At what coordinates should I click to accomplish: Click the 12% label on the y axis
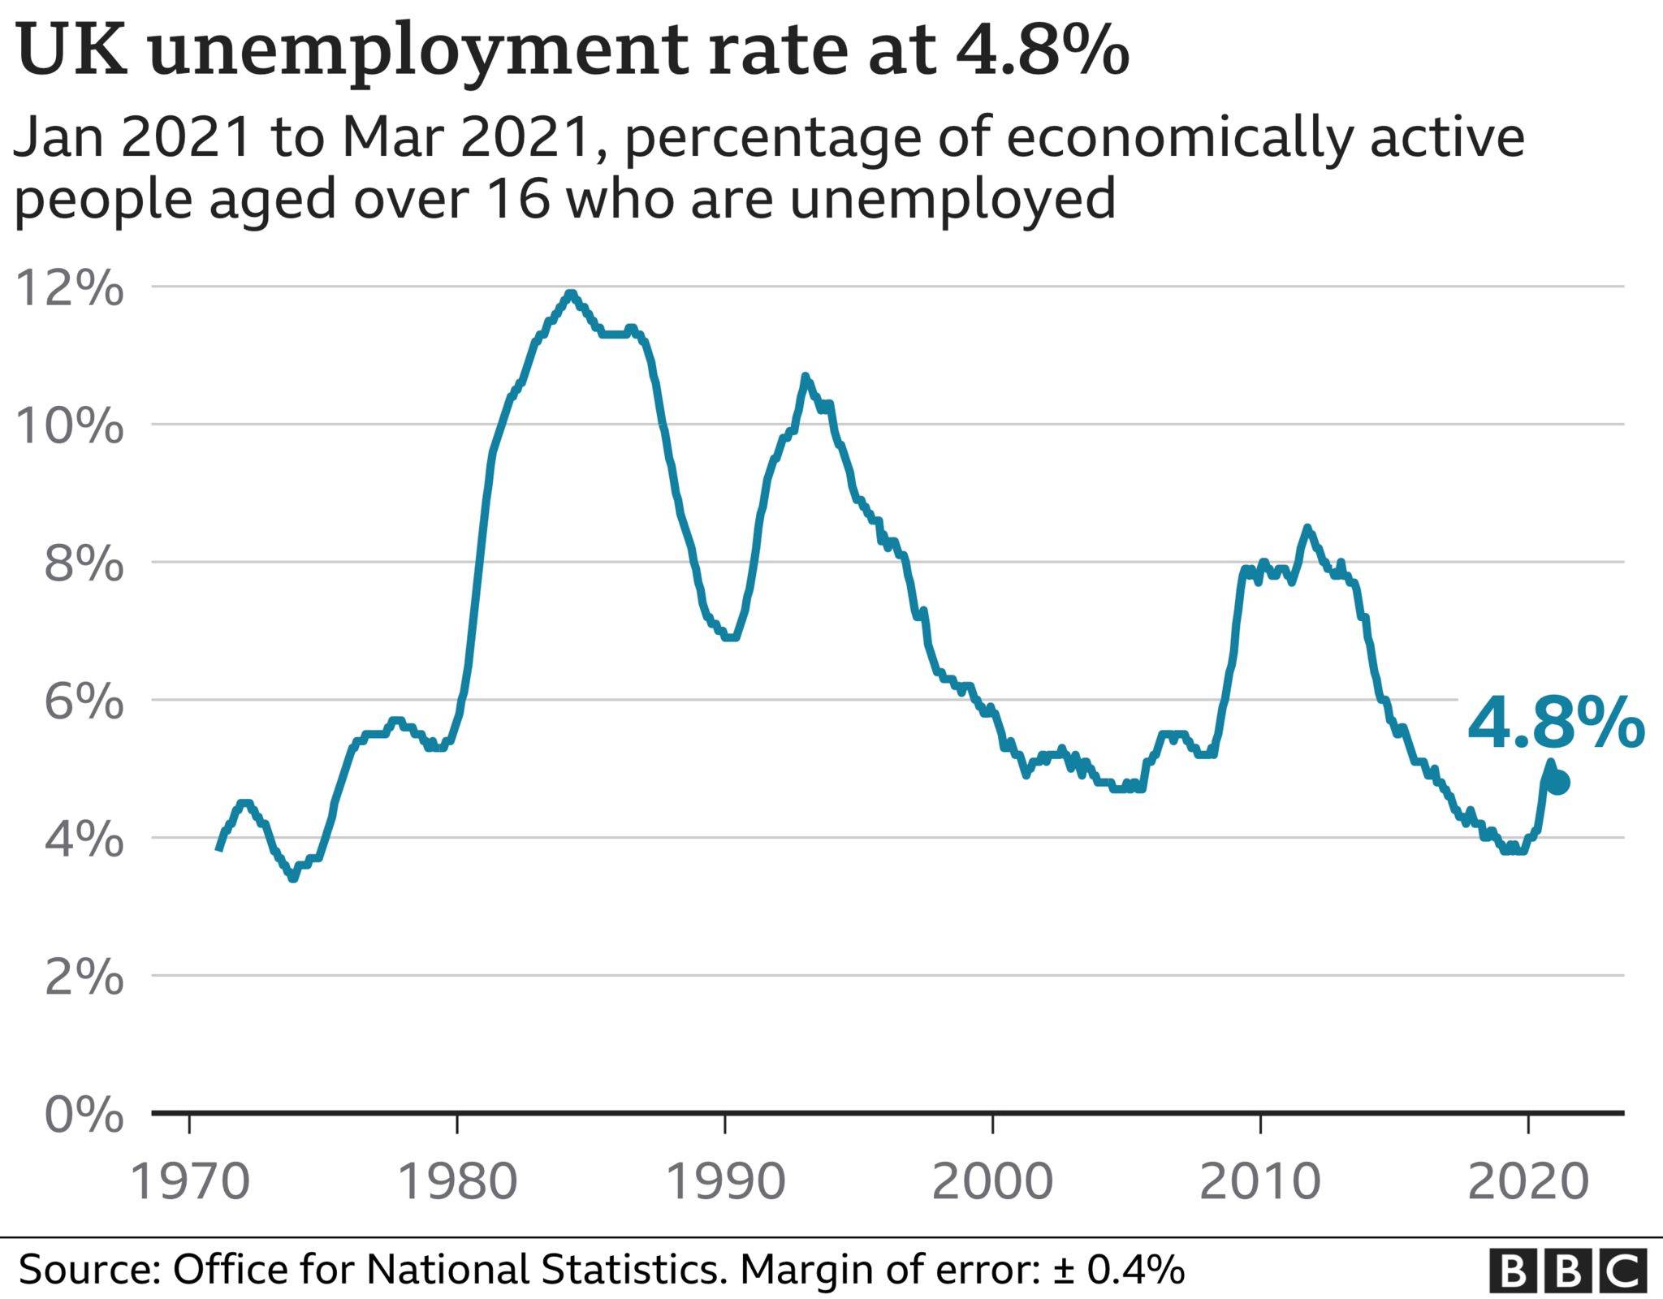[70, 289]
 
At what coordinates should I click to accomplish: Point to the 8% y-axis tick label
[83, 564]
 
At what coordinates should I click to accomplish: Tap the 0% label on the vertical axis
[83, 1115]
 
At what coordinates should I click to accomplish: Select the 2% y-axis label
[83, 977]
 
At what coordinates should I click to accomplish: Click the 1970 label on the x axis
[189, 1182]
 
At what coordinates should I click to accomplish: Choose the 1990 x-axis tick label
[724, 1182]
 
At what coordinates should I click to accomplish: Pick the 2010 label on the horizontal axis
[1259, 1182]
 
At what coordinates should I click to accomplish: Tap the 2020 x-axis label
[1527, 1182]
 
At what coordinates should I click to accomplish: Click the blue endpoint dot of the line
[1557, 783]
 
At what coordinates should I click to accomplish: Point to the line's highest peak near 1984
[571, 293]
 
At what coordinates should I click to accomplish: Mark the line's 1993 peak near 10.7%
[805, 376]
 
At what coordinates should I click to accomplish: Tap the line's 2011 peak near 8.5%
[1307, 528]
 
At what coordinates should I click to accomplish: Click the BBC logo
[1567, 1271]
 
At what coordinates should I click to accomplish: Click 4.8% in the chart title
[1041, 50]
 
